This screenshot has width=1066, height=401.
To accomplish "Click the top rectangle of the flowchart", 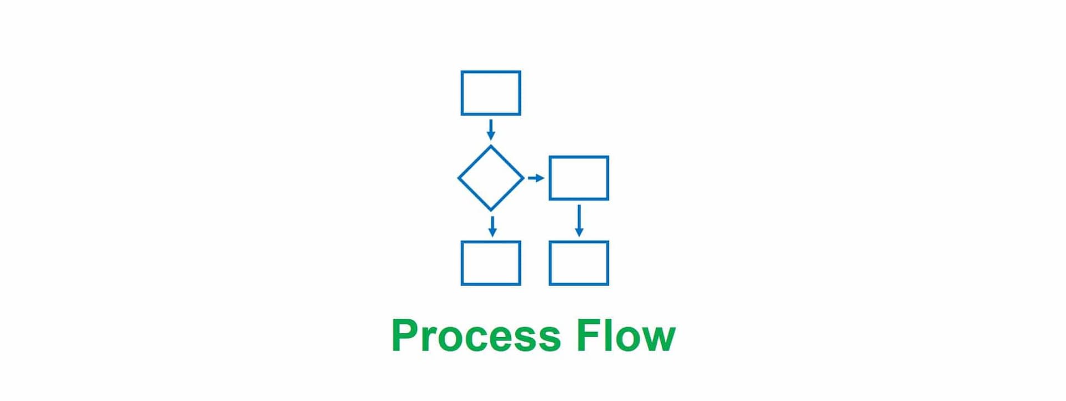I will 491,93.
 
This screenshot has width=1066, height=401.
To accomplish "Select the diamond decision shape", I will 491,178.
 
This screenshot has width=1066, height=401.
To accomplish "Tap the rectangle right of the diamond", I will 579,178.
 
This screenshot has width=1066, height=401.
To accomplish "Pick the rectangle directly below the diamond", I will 491,263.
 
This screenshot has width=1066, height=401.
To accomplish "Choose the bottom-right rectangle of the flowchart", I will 579,263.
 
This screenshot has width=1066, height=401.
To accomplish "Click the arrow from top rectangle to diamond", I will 491,130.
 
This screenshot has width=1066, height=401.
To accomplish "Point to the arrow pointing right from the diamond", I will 536,178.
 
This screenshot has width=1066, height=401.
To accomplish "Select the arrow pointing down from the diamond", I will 492,226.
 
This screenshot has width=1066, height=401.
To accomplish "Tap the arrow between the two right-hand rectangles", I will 579,220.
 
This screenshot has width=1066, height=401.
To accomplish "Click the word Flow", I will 626,336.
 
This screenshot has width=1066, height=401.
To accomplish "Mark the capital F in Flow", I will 589,335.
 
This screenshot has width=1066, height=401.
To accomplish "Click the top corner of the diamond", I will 491,147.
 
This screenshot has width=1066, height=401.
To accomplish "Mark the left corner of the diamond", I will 459,178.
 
